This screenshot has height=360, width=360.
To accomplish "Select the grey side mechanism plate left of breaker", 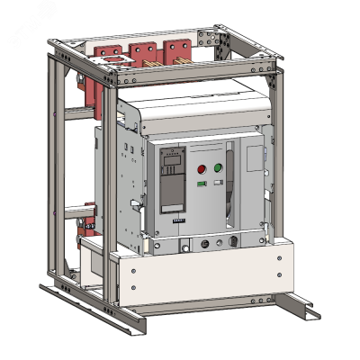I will tap(117, 180).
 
